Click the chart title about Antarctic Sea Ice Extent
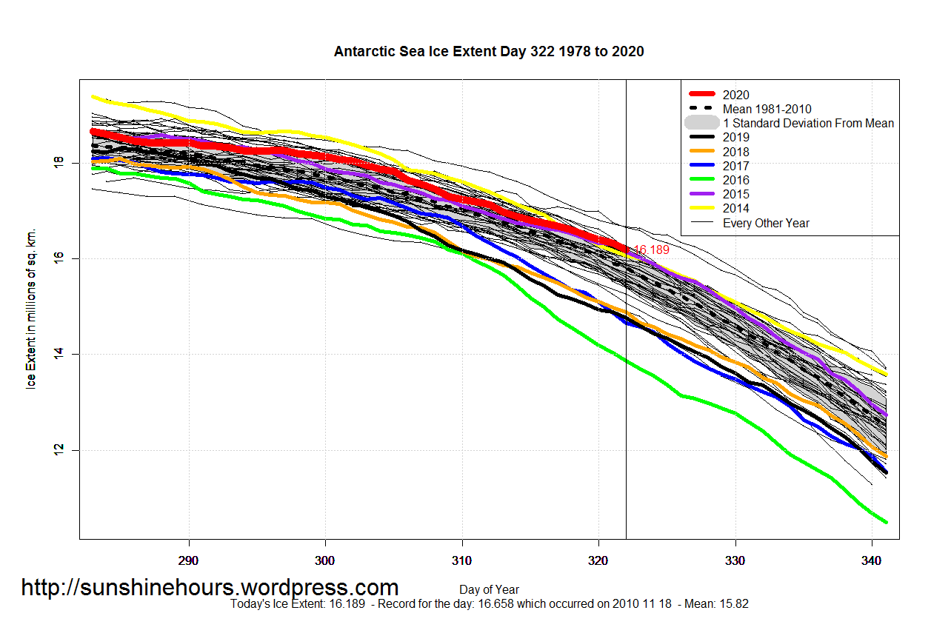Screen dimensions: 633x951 (489, 52)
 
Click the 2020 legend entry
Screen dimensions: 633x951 (735, 95)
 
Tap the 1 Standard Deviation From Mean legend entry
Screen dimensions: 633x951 (807, 123)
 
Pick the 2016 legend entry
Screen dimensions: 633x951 (735, 180)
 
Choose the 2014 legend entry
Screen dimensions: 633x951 (735, 209)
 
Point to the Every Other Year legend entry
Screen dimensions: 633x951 (766, 223)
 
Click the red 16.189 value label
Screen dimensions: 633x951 (651, 251)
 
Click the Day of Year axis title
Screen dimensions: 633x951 (489, 590)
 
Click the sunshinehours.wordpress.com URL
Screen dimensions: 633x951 (210, 588)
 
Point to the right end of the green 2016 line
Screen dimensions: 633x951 (886, 522)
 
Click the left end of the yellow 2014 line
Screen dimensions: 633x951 (92, 96)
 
